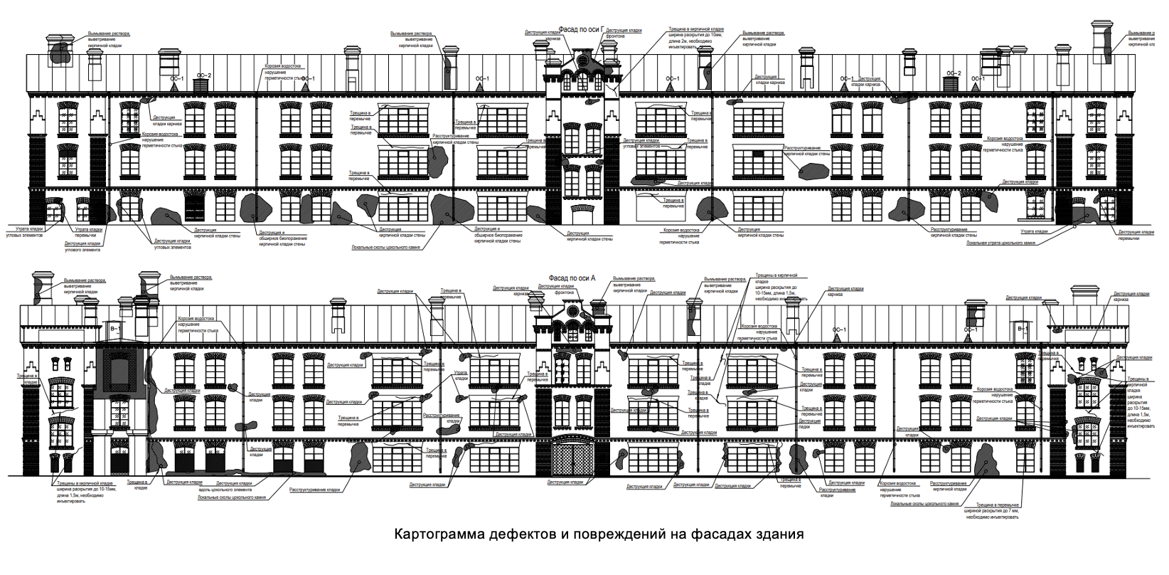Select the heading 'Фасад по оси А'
click(572, 278)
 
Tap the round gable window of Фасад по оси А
click(569, 312)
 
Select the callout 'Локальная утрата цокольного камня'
click(1000, 243)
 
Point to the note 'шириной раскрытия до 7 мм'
click(991, 511)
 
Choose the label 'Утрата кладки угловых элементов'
click(25, 232)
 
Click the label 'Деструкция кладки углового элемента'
click(82, 246)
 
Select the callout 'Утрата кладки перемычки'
click(89, 232)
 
